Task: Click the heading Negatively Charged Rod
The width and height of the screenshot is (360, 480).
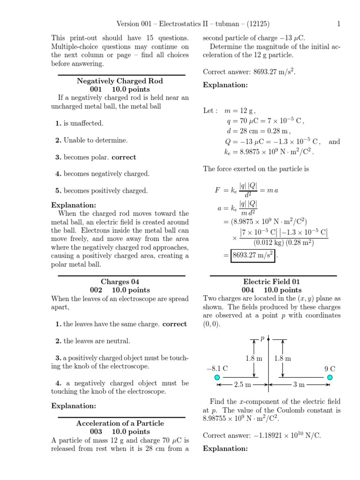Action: [x=120, y=81]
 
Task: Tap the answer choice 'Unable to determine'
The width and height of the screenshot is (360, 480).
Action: [x=91, y=140]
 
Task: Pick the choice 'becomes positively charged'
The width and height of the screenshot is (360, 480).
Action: [x=101, y=191]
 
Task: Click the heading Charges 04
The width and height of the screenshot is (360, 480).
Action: [x=121, y=282]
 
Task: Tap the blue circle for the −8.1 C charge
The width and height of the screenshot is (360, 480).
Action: [x=217, y=377]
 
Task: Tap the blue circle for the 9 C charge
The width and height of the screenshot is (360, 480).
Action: [x=330, y=377]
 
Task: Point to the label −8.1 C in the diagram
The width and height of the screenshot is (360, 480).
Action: [x=217, y=368]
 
